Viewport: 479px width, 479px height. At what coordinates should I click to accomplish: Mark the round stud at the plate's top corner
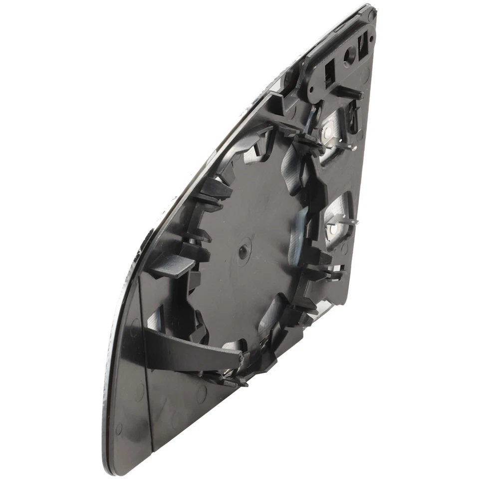pos(370,10)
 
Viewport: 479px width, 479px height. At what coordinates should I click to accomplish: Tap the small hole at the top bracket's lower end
pos(312,91)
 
